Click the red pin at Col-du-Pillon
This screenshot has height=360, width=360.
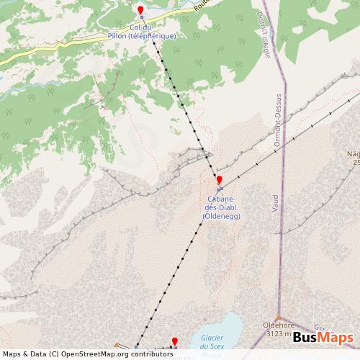(140, 10)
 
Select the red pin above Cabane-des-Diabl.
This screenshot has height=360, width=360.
(219, 180)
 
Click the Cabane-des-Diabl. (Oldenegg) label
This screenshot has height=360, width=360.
(222, 208)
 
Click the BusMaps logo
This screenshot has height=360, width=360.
(323, 338)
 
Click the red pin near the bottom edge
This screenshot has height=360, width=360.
(174, 341)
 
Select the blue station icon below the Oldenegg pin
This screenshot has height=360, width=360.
(219, 189)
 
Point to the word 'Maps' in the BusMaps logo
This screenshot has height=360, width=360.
(336, 338)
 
